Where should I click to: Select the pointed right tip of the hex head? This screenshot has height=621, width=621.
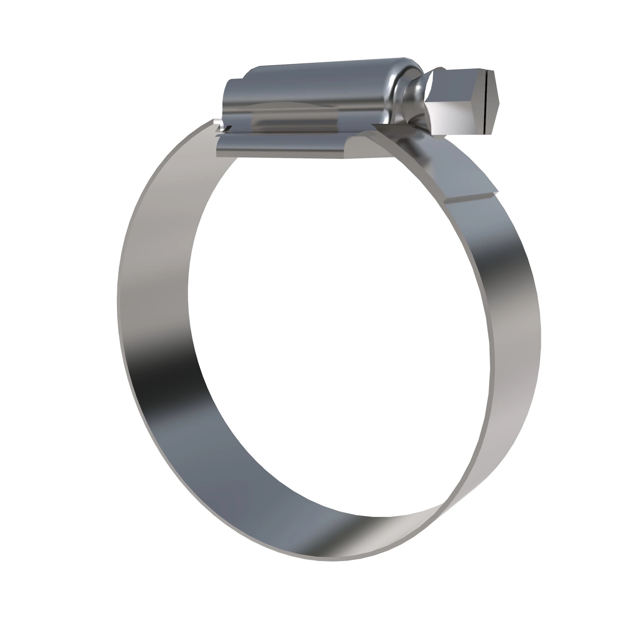coord(499,103)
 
